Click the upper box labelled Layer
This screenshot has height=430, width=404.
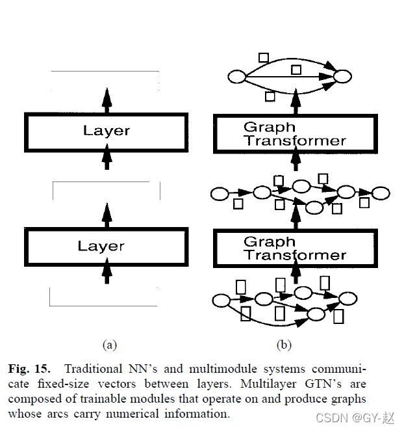[106, 131]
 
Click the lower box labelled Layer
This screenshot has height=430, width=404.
[106, 246]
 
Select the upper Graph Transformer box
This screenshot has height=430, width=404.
[295, 134]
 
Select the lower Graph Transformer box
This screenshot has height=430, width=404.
[295, 248]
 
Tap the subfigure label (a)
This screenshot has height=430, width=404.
[109, 344]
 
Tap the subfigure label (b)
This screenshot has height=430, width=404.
[284, 344]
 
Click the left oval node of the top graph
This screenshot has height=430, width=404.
[236, 78]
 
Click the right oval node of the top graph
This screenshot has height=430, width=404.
[342, 78]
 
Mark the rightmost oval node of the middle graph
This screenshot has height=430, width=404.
[381, 193]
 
